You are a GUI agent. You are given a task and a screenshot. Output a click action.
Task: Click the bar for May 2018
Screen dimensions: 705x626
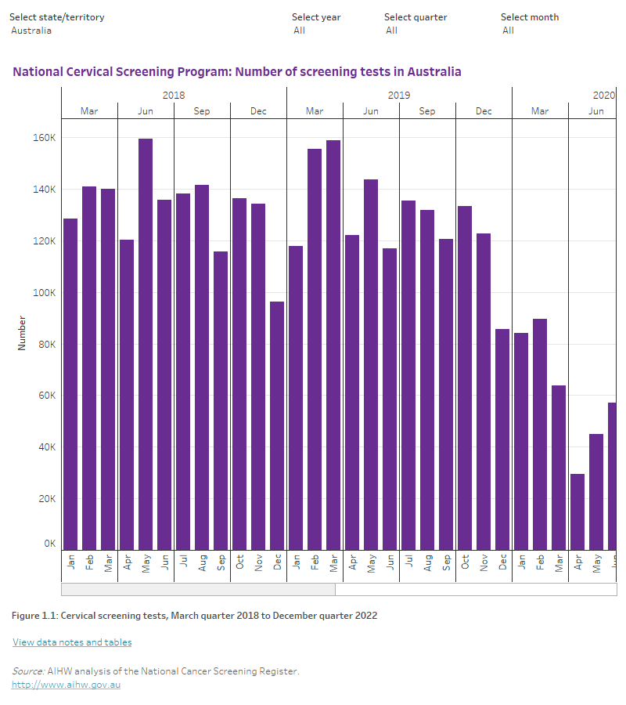[x=146, y=345]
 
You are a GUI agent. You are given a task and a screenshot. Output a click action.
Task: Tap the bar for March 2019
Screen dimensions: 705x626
[x=333, y=345]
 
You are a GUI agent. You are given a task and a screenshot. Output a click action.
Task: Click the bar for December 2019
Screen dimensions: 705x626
[x=502, y=439]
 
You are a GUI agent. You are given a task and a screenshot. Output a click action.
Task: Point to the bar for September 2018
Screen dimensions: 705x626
[x=221, y=400]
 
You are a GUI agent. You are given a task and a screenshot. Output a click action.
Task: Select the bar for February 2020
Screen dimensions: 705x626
[x=540, y=434]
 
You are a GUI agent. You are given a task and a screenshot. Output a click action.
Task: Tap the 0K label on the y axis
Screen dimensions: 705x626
[x=49, y=544]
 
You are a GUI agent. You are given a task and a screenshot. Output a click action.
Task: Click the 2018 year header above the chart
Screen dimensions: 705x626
[x=174, y=95]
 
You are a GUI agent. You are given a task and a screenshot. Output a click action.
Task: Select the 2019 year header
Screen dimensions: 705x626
[x=399, y=95]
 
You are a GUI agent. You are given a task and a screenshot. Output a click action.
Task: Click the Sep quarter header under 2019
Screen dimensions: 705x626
[x=427, y=111]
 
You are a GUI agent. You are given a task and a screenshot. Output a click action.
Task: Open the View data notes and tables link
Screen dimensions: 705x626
[x=72, y=642]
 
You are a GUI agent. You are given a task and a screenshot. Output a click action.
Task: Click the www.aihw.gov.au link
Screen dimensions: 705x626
[x=66, y=685]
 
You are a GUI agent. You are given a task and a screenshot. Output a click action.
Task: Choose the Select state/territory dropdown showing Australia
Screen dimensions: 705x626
[x=31, y=31]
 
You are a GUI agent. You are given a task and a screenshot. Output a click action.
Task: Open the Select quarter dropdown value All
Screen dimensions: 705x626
[x=391, y=31]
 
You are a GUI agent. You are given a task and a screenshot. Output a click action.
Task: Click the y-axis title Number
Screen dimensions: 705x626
[x=22, y=333]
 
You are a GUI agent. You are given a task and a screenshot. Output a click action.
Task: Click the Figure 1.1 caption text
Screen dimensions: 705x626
[x=194, y=616]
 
